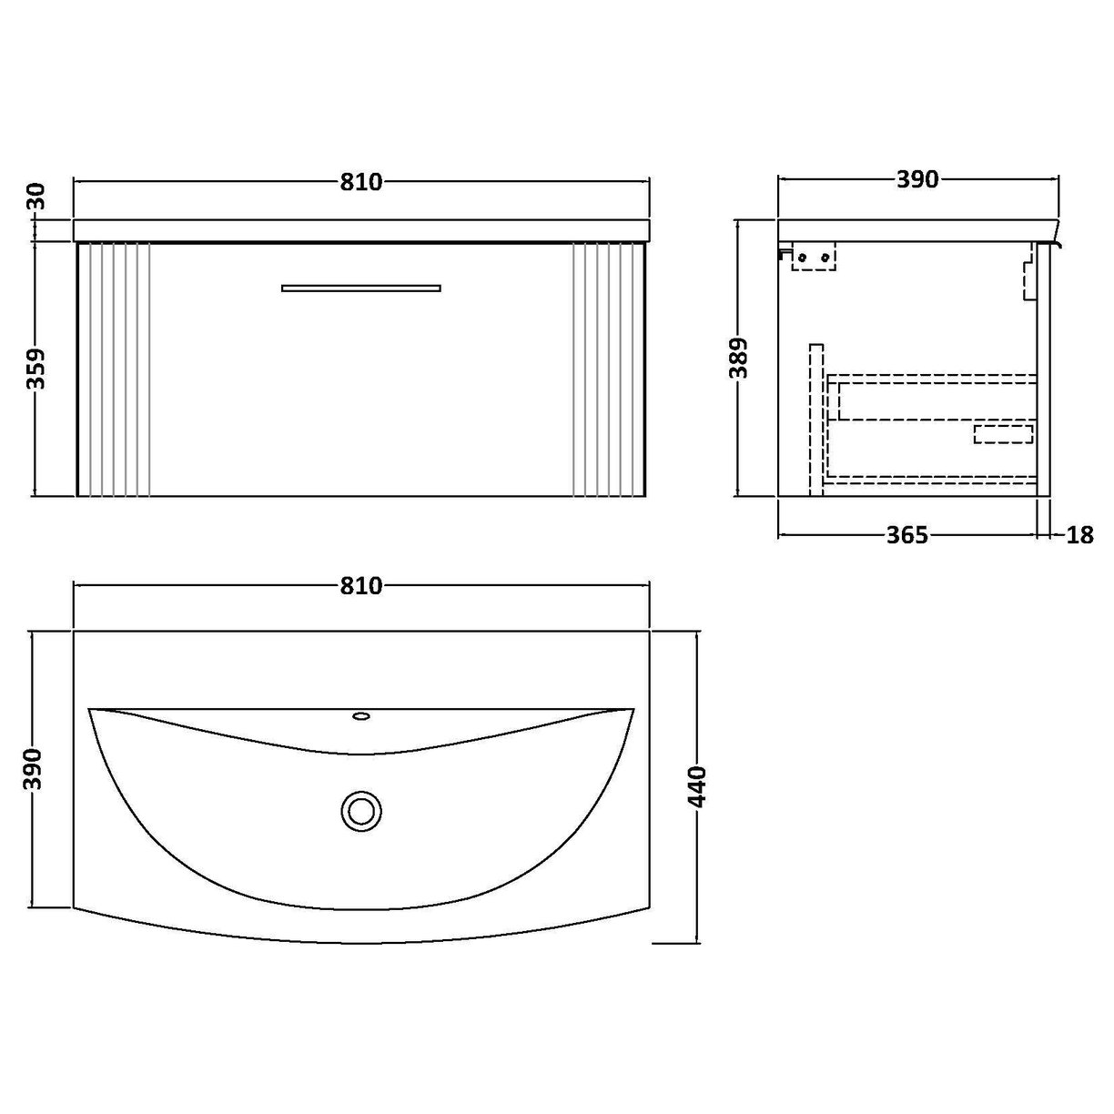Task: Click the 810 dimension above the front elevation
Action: point(361,182)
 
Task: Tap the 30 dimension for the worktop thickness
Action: point(37,195)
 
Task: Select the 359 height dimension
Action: point(37,369)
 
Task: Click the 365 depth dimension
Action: point(907,535)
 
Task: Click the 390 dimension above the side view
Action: point(917,180)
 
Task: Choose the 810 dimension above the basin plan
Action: point(361,586)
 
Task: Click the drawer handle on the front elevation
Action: point(361,288)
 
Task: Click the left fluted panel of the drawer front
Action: point(115,370)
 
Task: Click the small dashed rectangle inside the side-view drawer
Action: point(1004,433)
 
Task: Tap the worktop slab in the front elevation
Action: point(361,230)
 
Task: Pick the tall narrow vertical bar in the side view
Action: point(815,419)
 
